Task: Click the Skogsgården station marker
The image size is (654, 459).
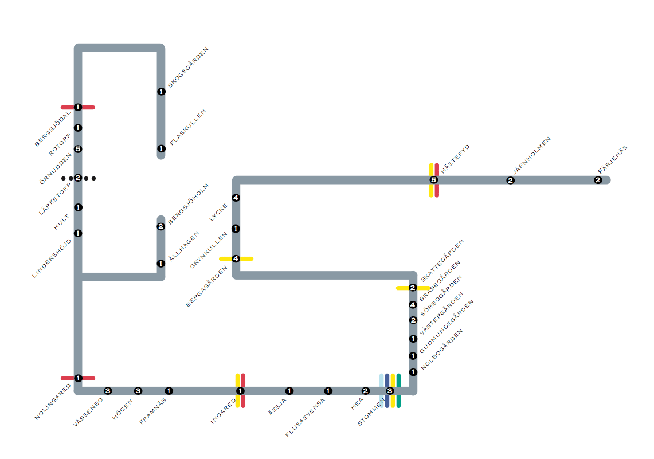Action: point(161,92)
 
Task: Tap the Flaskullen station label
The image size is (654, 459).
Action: point(188,127)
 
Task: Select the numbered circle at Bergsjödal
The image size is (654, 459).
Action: point(77,107)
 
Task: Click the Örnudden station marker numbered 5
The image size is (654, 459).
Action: point(78,149)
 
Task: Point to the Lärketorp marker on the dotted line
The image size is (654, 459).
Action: point(78,178)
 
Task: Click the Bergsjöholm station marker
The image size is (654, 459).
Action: point(161,226)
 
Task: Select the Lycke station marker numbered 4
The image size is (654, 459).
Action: point(236,198)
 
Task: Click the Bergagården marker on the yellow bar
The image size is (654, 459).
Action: point(236,258)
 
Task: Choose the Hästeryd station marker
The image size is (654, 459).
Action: point(433,180)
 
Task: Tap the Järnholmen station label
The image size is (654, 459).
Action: point(532,155)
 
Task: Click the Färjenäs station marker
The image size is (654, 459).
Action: point(598,180)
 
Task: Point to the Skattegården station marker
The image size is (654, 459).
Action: point(413,288)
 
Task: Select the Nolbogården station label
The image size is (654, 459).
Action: point(441,349)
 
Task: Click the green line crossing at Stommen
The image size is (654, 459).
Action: point(398,391)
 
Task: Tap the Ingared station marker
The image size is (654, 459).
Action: point(240,391)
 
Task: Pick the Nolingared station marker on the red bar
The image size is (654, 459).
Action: point(78,378)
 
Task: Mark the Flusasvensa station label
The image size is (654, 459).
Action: point(305,418)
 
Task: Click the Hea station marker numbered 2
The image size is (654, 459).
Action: point(366,391)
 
